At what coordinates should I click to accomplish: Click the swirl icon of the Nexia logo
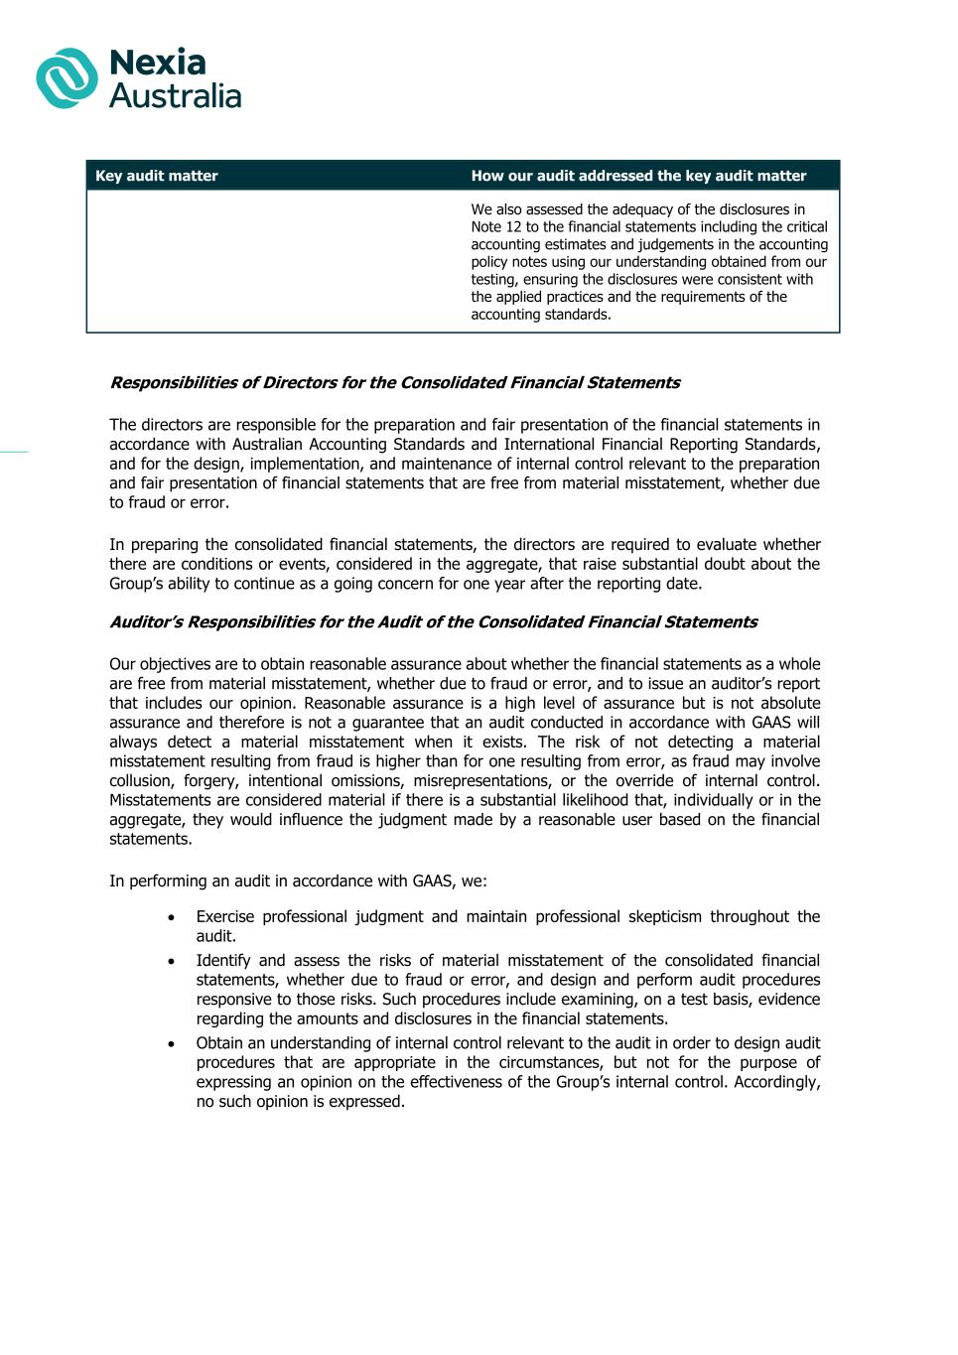point(67,78)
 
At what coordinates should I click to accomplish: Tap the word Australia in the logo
point(175,96)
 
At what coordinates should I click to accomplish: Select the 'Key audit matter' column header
point(157,176)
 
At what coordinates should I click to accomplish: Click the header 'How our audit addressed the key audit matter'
point(638,176)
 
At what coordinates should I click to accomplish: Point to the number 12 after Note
point(513,227)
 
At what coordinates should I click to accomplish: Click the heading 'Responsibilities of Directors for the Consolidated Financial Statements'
point(394,383)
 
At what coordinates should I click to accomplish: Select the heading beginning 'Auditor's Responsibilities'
point(433,622)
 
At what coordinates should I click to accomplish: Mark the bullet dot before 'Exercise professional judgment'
point(173,917)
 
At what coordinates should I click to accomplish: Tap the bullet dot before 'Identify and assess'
point(173,961)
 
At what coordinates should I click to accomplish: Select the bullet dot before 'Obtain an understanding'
point(173,1043)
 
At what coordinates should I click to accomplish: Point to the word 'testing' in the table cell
point(493,280)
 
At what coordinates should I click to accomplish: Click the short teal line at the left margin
point(14,452)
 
